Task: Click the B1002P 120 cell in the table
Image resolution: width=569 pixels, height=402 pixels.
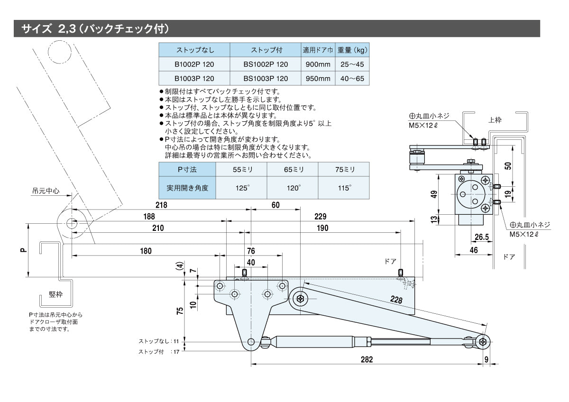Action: [194, 64]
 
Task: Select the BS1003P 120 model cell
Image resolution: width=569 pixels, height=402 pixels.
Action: [266, 79]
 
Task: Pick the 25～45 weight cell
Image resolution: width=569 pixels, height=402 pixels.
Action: [352, 64]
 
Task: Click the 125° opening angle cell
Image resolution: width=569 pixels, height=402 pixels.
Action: [241, 188]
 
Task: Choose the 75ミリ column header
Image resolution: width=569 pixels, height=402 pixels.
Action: [344, 169]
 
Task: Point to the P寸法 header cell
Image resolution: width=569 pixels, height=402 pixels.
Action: [187, 169]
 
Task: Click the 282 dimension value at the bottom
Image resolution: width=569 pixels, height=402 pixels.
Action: [367, 359]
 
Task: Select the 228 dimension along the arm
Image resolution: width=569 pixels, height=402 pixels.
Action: [396, 299]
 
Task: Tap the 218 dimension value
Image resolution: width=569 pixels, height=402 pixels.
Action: [162, 205]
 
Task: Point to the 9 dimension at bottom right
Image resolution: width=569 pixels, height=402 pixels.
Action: [486, 359]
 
